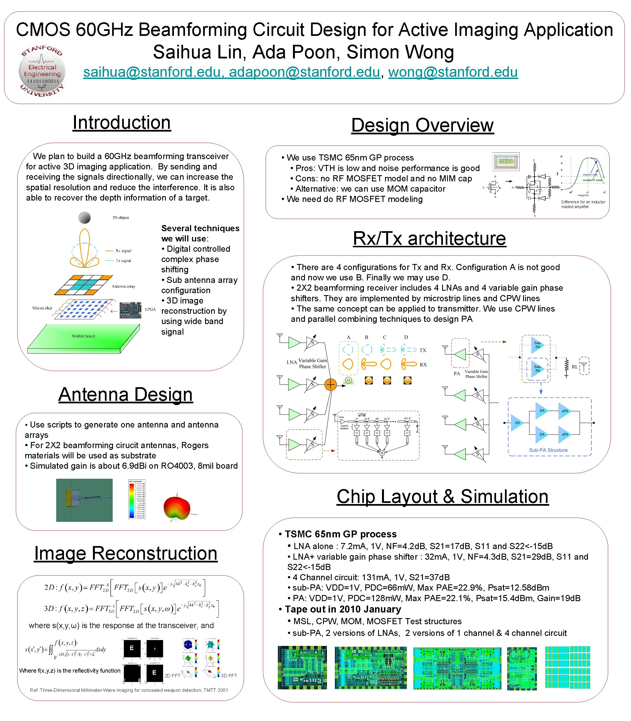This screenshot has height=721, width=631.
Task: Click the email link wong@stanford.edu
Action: click(x=453, y=72)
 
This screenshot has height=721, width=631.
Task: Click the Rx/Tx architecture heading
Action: click(x=429, y=238)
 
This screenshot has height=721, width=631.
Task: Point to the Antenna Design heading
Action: click(x=126, y=394)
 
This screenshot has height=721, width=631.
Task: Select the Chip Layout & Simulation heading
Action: click(x=442, y=497)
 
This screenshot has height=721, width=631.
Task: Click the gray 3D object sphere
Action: click(x=85, y=218)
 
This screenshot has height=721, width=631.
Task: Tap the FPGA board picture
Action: click(x=130, y=310)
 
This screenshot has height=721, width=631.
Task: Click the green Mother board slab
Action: click(x=84, y=338)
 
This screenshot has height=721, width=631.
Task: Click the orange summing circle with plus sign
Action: click(x=330, y=384)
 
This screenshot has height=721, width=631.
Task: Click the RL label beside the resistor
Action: click(x=575, y=367)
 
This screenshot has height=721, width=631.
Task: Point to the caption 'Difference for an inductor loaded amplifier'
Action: click(x=583, y=204)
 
